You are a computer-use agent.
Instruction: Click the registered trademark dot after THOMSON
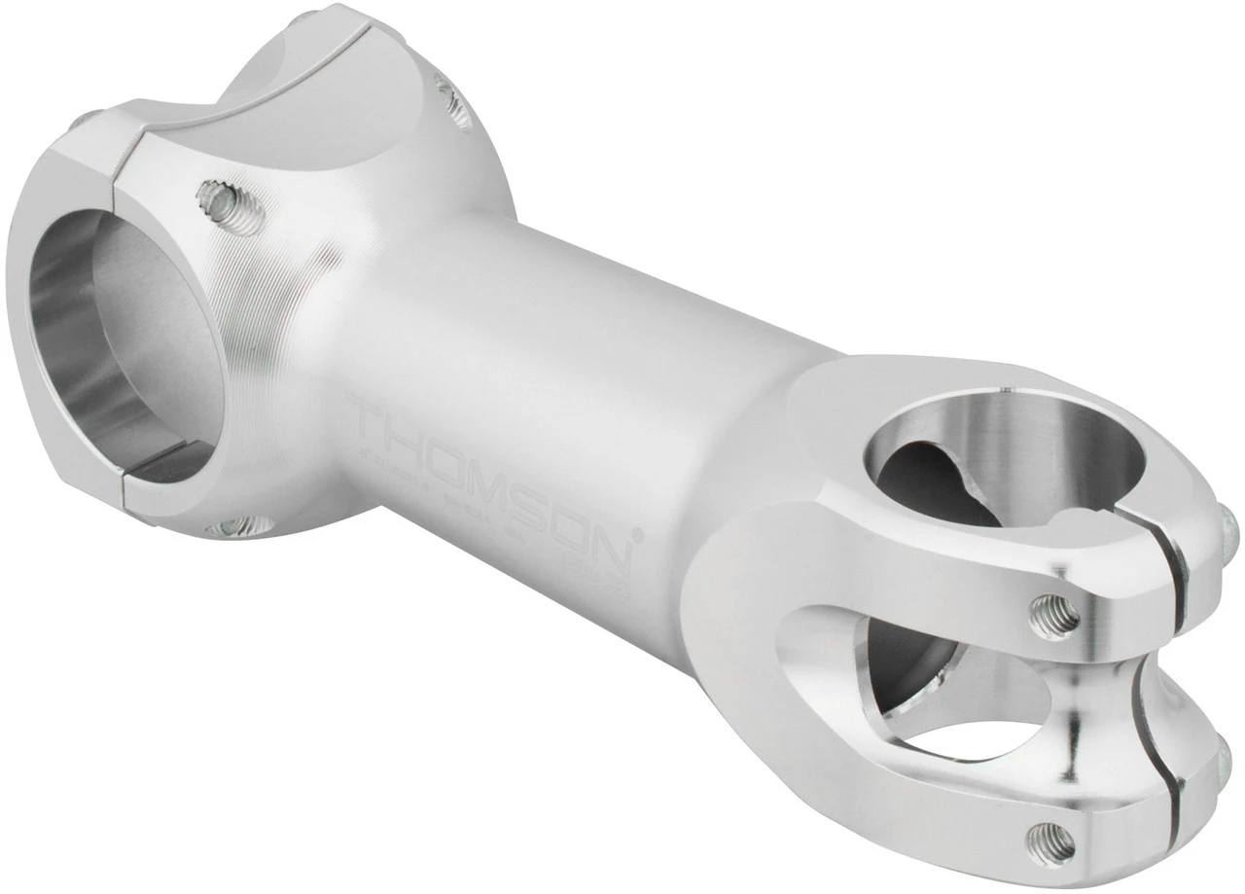pos(639,533)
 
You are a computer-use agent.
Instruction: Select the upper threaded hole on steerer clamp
pos(1054,616)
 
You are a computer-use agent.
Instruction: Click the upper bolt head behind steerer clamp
pos(1228,530)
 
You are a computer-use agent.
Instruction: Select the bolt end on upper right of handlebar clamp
pos(453,101)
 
